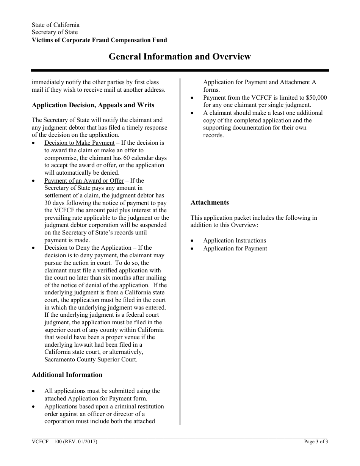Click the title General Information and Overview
pyautogui.click(x=180, y=57)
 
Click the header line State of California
pyautogui.click(x=56, y=25)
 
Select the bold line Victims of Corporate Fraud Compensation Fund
pyautogui.click(x=99, y=40)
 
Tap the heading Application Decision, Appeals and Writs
pyautogui.click(x=93, y=105)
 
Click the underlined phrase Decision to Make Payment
pyautogui.click(x=79, y=143)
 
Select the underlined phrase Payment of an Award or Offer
pyautogui.click(x=84, y=180)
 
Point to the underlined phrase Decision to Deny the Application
pyautogui.click(x=88, y=248)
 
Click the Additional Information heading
pyautogui.click(x=67, y=375)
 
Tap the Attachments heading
pyautogui.click(x=210, y=202)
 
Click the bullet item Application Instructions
pyautogui.click(x=235, y=241)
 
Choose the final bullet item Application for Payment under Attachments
pyautogui.click(x=235, y=249)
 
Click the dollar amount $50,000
pyautogui.click(x=313, y=98)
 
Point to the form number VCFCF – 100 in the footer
pyautogui.click(x=47, y=441)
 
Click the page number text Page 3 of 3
pyautogui.click(x=316, y=441)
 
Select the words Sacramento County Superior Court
pyautogui.click(x=91, y=360)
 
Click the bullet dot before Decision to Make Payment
pyautogui.click(x=34, y=143)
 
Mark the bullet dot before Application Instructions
pyautogui.click(x=193, y=241)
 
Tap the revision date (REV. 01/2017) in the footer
pyautogui.click(x=81, y=441)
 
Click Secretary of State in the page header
pyautogui.click(x=55, y=33)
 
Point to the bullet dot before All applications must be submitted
pyautogui.click(x=34, y=391)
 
